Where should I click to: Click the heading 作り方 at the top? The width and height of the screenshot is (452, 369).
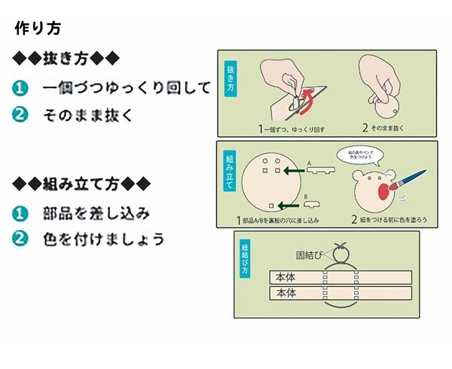[43, 29]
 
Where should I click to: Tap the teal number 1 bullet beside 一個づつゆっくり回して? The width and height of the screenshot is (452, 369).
[20, 89]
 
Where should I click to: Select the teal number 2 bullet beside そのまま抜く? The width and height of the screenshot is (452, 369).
[20, 114]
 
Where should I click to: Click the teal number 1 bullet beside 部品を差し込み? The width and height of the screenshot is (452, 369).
[20, 212]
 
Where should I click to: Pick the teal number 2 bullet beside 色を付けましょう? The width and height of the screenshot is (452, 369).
[20, 239]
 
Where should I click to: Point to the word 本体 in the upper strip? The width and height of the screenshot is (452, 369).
[287, 277]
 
